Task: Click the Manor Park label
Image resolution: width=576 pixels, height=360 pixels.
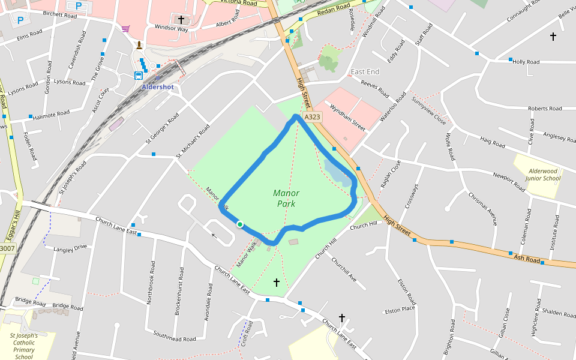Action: click(x=286, y=198)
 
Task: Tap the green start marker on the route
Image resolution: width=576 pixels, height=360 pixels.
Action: click(x=240, y=224)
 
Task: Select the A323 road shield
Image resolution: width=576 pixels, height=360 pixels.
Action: click(x=312, y=118)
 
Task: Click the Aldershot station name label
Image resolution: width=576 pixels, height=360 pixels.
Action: click(x=157, y=87)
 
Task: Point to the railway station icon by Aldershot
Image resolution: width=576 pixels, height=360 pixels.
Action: click(x=139, y=76)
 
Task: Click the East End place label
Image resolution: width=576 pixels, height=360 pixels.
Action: click(x=365, y=72)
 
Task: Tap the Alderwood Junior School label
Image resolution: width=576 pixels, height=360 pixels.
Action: click(x=542, y=174)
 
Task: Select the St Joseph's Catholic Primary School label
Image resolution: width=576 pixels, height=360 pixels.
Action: click(x=24, y=346)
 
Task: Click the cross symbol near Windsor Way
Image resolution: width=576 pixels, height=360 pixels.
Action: click(x=181, y=20)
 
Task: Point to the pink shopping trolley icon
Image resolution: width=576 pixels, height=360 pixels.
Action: click(x=125, y=28)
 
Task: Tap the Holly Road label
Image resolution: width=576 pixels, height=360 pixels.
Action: click(x=526, y=62)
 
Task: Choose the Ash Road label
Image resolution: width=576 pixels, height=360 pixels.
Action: click(x=527, y=259)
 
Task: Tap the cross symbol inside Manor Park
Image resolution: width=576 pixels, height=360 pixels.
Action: click(x=277, y=281)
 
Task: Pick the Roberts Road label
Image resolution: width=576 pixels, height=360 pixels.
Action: click(x=545, y=109)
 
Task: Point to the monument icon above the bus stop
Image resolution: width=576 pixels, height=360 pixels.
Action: click(x=139, y=45)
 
